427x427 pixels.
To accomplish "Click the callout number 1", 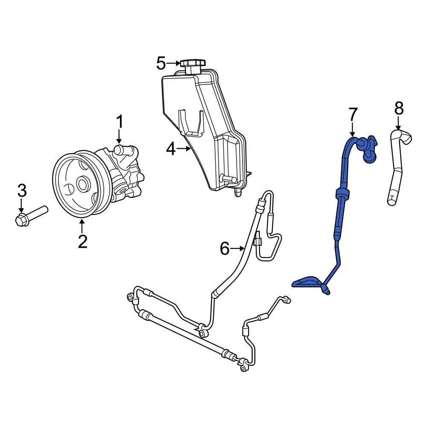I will pyautogui.click(x=120, y=122).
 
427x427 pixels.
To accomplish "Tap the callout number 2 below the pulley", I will pyautogui.click(x=82, y=241).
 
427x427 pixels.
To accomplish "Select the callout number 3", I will pyautogui.click(x=22, y=191).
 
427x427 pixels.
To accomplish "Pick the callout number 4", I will pyautogui.click(x=171, y=149).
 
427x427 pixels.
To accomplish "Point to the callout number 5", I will pyautogui.click(x=161, y=64).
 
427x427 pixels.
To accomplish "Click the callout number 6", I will pyautogui.click(x=225, y=248).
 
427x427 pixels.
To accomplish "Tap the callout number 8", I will pyautogui.click(x=398, y=109).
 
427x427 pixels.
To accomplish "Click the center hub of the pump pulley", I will pyautogui.click(x=82, y=184).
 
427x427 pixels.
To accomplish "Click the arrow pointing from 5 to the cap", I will pyautogui.click(x=174, y=64).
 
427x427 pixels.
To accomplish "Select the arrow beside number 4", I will pyautogui.click(x=185, y=149).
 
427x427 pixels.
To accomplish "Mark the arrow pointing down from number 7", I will pyautogui.click(x=352, y=129).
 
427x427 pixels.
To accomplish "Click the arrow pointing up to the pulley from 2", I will pyautogui.click(x=82, y=225).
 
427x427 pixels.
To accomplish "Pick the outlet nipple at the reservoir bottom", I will pyautogui.click(x=237, y=193).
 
